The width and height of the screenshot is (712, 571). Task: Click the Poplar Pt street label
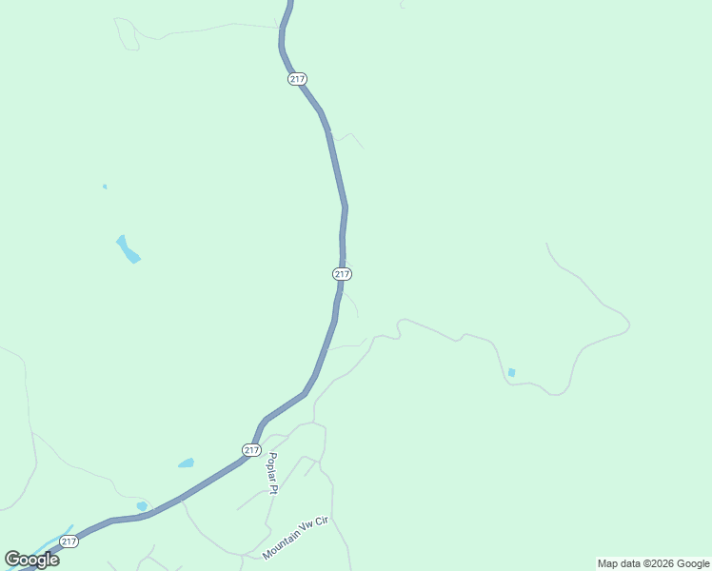pyautogui.click(x=272, y=473)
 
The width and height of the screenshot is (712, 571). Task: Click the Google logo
pyautogui.click(x=31, y=559)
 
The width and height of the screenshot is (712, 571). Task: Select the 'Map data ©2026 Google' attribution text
pyautogui.click(x=653, y=563)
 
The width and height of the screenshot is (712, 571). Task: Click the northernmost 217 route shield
pyautogui.click(x=297, y=79)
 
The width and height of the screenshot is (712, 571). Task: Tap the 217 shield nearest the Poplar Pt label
pyautogui.click(x=250, y=450)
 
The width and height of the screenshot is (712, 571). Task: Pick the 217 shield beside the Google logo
pyautogui.click(x=69, y=541)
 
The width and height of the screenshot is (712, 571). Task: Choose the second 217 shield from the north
pyautogui.click(x=343, y=274)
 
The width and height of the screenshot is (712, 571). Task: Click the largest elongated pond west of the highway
pyautogui.click(x=128, y=248)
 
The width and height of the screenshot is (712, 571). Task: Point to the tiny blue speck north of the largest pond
pyautogui.click(x=105, y=187)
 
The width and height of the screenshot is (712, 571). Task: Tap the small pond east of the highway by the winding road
pyautogui.click(x=512, y=372)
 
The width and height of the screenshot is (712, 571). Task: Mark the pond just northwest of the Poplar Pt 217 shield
pyautogui.click(x=186, y=463)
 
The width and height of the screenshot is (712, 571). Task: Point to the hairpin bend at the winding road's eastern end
pyautogui.click(x=627, y=327)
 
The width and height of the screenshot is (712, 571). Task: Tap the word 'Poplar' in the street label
pyautogui.click(x=271, y=466)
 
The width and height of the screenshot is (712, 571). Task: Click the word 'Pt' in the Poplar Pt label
pyautogui.click(x=273, y=489)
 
